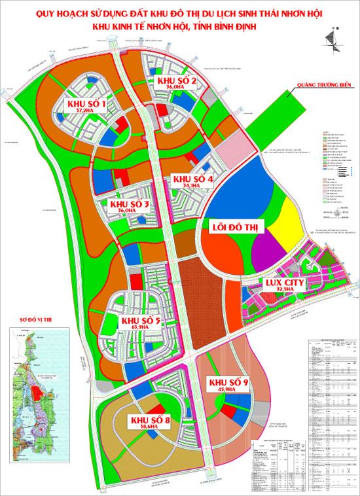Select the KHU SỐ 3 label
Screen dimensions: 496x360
pos(130,205)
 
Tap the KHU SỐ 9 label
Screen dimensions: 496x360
pos(227,382)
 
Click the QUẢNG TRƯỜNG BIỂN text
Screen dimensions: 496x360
pos(325,84)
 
